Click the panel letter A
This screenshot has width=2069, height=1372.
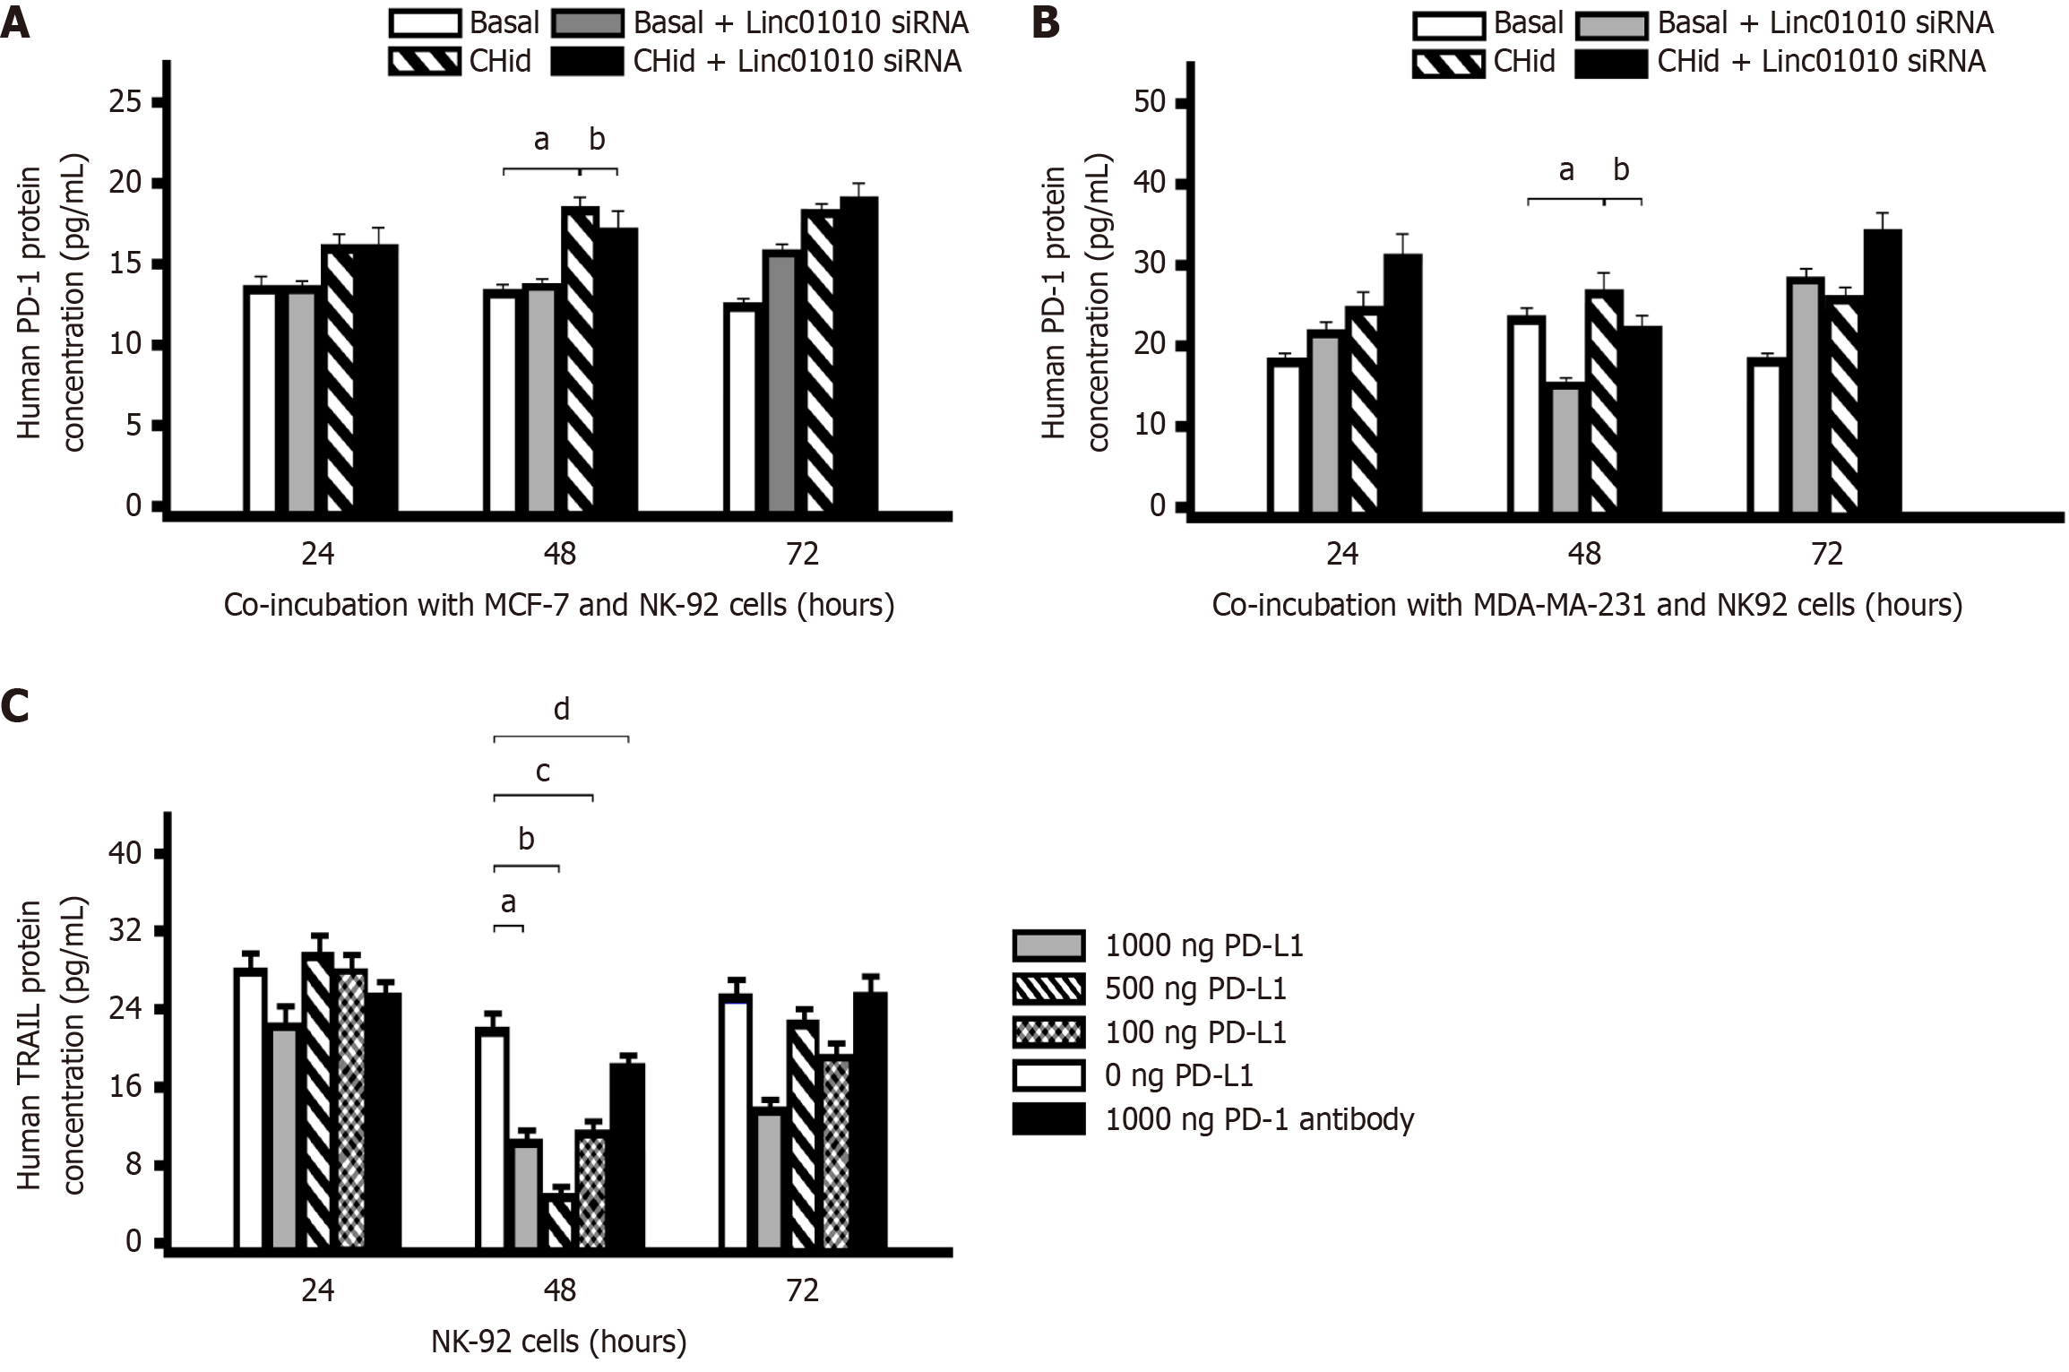pyautogui.click(x=15, y=23)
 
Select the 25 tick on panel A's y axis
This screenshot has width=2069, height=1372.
pyautogui.click(x=125, y=102)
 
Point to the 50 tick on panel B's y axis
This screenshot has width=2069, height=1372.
pyautogui.click(x=1150, y=102)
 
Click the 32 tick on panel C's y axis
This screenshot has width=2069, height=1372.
pyautogui.click(x=125, y=931)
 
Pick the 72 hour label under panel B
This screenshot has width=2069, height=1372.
pyautogui.click(x=1826, y=554)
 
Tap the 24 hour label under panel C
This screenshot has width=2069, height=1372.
pyautogui.click(x=317, y=1290)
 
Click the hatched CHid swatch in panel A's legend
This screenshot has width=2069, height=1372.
pyautogui.click(x=425, y=62)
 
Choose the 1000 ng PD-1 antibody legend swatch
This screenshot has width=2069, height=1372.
pyautogui.click(x=1048, y=1119)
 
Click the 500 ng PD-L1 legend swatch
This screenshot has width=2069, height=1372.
pyautogui.click(x=1048, y=988)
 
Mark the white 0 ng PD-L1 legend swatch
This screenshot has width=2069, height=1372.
pyautogui.click(x=1048, y=1075)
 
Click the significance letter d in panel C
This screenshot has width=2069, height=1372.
pyautogui.click(x=561, y=710)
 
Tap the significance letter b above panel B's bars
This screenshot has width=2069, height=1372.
pyautogui.click(x=1621, y=169)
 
